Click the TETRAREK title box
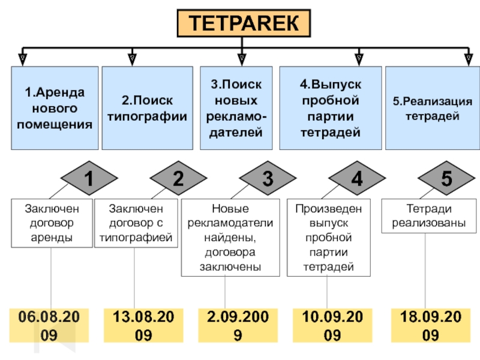244,24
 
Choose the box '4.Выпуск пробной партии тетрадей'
331,108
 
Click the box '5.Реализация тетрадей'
432,108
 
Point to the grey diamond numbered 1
88,179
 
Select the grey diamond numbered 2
178,179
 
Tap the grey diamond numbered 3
268,179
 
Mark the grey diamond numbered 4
357,179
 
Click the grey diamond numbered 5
446,179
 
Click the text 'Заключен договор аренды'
52,223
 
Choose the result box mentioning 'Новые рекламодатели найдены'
230,238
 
